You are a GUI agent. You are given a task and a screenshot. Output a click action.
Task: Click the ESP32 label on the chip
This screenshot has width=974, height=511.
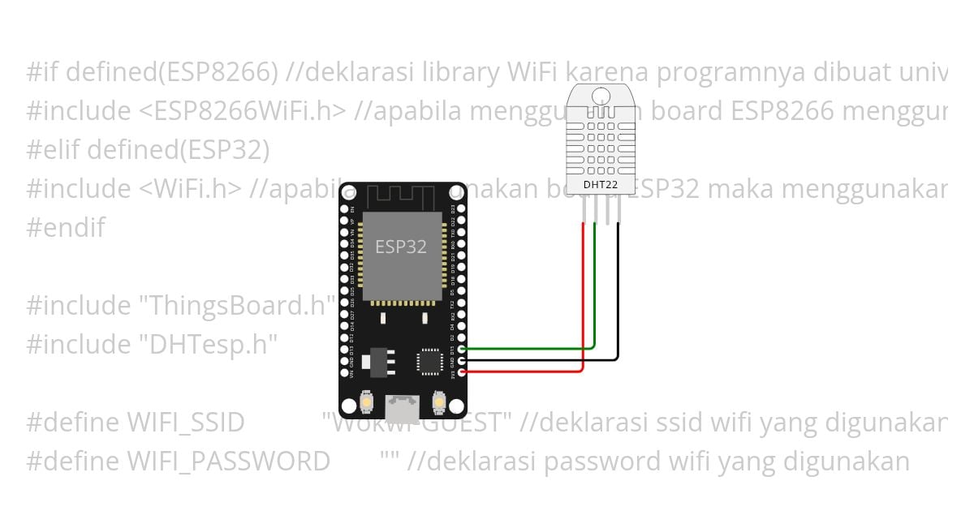(x=401, y=247)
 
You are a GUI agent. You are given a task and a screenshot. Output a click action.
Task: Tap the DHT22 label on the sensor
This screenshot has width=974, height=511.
(x=601, y=184)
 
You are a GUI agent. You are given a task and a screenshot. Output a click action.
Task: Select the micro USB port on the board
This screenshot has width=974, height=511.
(x=402, y=404)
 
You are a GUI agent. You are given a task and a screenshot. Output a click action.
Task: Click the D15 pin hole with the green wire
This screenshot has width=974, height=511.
(x=462, y=348)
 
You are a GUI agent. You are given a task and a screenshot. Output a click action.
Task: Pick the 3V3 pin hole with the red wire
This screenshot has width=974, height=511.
(x=462, y=371)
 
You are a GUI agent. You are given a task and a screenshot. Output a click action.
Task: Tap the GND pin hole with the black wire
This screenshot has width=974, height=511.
(x=462, y=359)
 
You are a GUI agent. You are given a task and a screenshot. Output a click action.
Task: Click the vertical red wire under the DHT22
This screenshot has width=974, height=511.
(x=583, y=292)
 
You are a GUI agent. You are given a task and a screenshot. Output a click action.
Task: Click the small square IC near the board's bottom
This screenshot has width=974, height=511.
(x=429, y=361)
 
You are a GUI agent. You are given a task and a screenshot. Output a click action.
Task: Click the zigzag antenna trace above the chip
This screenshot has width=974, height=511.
(x=401, y=195)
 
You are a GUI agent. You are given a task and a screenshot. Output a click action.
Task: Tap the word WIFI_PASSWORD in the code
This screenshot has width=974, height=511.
(x=228, y=461)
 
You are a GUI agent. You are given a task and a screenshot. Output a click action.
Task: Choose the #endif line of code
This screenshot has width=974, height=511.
(x=66, y=227)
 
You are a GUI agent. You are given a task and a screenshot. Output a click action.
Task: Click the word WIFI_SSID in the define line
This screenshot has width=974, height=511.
(x=185, y=423)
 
